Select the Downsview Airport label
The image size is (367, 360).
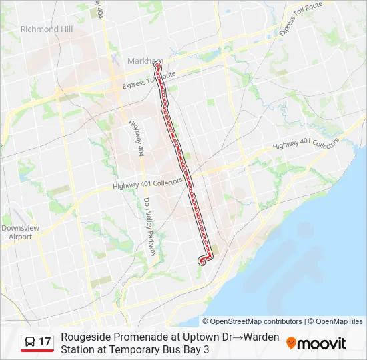pos(16,232)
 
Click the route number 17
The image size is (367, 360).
pos(45,342)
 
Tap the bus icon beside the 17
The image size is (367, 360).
pos(30,342)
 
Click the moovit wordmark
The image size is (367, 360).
pos(322,343)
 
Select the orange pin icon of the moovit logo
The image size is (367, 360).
pos(291,343)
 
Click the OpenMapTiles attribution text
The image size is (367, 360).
pos(338,321)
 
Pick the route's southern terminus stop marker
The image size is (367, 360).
pos(201,261)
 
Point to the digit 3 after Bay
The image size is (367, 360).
pos(207,349)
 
